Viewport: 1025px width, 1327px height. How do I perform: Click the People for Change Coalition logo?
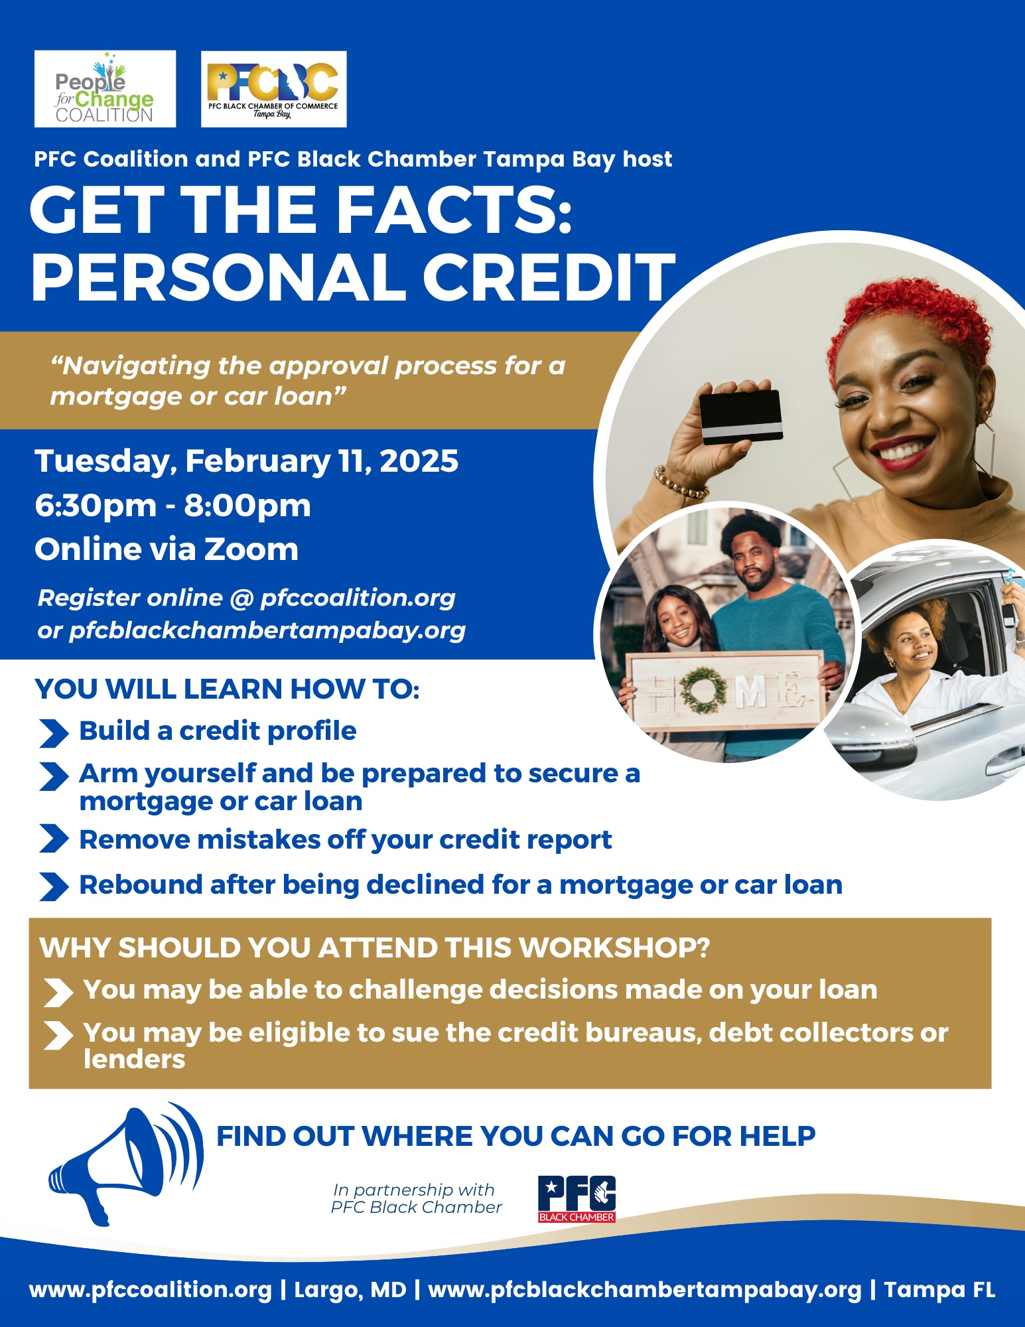[x=105, y=89]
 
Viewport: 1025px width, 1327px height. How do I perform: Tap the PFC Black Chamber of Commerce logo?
[x=273, y=89]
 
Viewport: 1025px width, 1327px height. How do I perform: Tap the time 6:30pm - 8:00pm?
[x=172, y=506]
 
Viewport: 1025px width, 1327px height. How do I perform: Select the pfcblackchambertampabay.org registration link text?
[x=267, y=630]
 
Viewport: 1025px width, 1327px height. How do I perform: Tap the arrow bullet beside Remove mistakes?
[x=54, y=839]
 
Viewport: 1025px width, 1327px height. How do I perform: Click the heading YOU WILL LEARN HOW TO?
[x=227, y=689]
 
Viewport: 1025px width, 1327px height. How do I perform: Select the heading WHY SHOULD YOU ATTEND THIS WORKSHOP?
[x=375, y=947]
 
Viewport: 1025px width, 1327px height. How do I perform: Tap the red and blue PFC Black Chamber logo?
[x=577, y=1199]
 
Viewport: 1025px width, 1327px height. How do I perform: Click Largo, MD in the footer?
[x=350, y=1291]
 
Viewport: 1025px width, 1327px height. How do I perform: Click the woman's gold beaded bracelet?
[x=680, y=482]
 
